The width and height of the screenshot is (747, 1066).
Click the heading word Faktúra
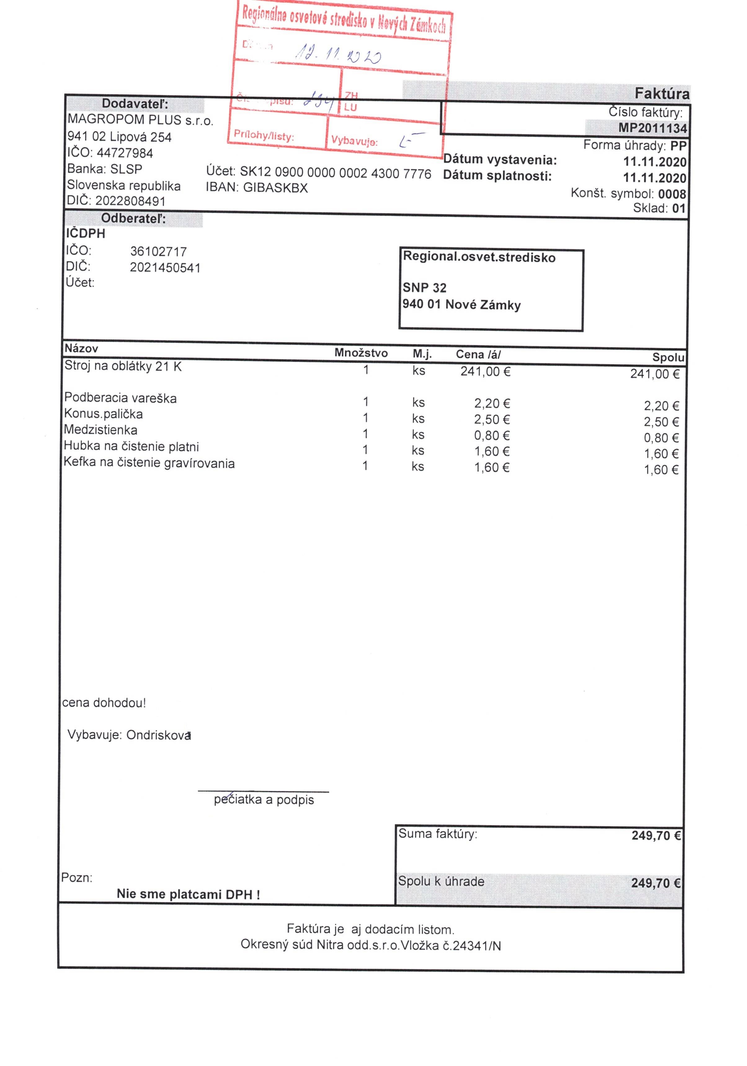662,94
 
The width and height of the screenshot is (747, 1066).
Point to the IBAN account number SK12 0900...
335,173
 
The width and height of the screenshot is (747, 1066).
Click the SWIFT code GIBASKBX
275,188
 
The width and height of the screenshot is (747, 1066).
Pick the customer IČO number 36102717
158,252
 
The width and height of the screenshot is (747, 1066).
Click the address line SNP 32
424,288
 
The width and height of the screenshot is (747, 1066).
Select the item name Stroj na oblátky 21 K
123,366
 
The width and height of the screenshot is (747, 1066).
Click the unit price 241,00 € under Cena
485,372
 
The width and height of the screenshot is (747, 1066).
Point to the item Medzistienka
101,430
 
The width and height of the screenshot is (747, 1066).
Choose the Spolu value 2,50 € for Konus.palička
661,422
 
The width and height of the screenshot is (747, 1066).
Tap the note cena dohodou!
104,702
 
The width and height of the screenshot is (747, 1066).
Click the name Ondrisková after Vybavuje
158,735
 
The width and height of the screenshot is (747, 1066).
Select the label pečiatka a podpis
264,800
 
